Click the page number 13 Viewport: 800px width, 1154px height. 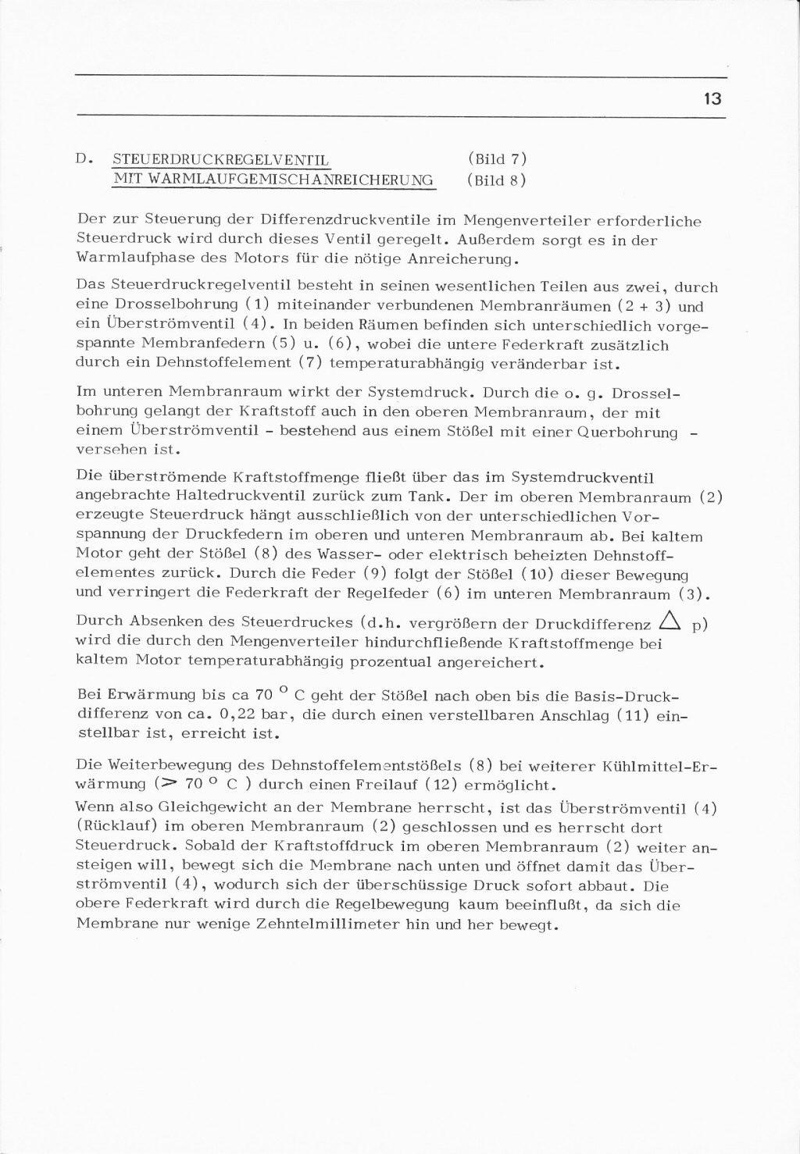click(x=712, y=100)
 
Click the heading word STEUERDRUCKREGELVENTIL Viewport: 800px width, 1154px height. click(x=221, y=160)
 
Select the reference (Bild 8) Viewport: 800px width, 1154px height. click(x=497, y=180)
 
